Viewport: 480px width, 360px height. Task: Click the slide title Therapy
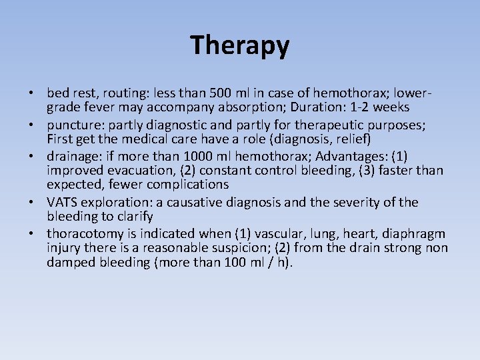tap(240, 45)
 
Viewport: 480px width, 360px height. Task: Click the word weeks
tap(390, 108)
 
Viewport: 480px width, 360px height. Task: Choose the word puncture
tap(72, 124)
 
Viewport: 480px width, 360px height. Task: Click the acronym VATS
tap(62, 201)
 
